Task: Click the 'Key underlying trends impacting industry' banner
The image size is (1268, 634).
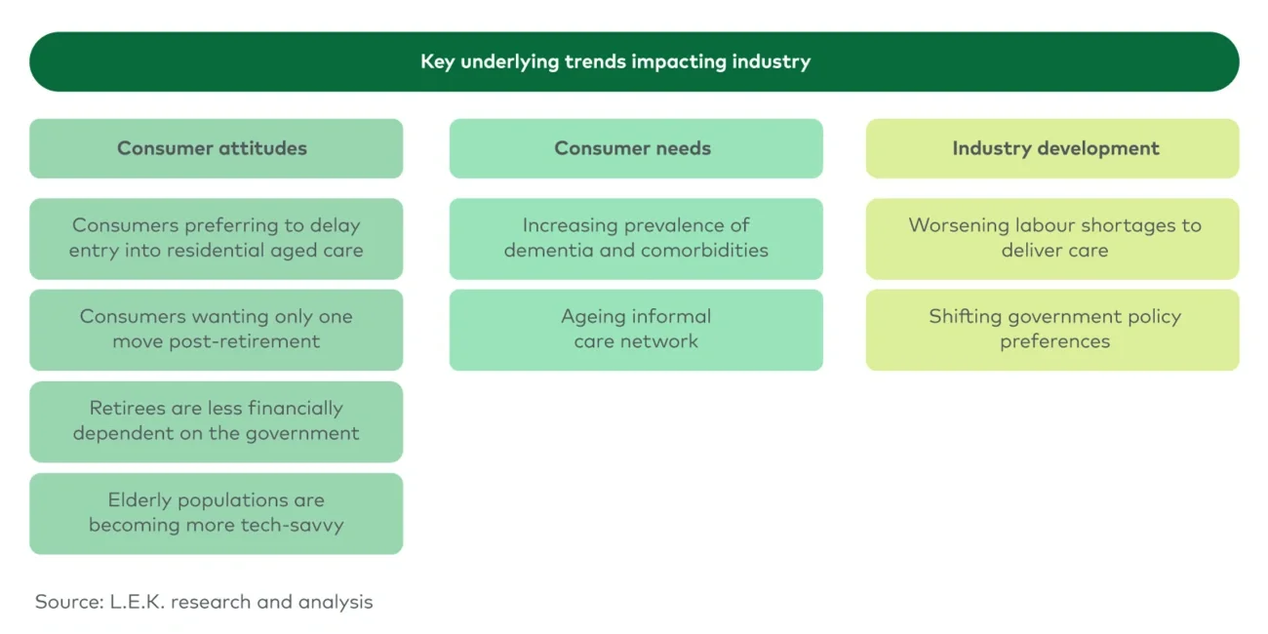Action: (634, 61)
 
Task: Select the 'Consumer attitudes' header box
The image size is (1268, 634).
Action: (216, 148)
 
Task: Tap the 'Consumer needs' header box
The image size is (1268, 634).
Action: (636, 148)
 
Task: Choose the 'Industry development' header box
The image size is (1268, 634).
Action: (1052, 148)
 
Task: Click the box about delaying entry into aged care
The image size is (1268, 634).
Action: (216, 238)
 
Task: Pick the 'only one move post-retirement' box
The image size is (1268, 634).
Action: (216, 329)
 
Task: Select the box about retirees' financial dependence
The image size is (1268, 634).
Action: (216, 420)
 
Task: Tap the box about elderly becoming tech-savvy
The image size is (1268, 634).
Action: (216, 512)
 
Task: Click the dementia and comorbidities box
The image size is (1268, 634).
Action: (636, 238)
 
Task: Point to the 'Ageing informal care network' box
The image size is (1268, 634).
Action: (636, 329)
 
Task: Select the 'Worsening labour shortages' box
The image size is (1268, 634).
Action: (1052, 238)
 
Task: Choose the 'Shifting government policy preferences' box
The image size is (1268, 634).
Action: (1052, 329)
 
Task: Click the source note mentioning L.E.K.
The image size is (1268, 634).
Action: (204, 602)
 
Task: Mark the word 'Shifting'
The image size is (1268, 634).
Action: (966, 317)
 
